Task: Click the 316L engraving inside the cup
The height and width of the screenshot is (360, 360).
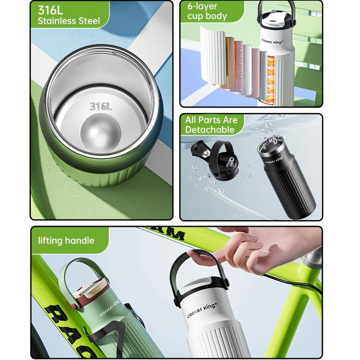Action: pyautogui.click(x=100, y=106)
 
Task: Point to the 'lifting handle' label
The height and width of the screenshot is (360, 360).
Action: pyautogui.click(x=66, y=240)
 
